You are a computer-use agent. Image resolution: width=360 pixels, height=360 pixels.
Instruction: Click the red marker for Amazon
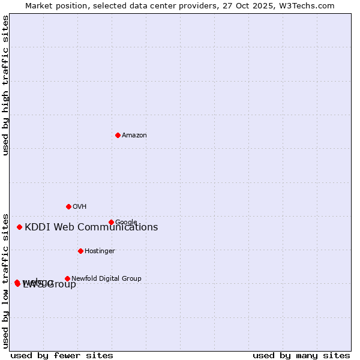coord(118,135)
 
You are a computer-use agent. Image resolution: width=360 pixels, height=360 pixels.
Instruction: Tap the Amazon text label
coord(134,136)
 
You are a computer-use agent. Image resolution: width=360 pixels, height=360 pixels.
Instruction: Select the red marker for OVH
coord(68,206)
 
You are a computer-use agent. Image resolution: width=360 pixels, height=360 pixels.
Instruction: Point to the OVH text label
coord(80,207)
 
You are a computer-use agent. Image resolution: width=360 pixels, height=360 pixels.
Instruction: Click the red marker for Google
coord(111,222)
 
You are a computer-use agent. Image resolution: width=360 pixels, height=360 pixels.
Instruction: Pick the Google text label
coord(126,223)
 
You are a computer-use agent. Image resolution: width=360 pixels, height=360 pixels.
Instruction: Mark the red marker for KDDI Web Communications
coord(19,227)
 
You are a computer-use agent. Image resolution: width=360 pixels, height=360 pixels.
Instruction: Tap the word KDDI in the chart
coord(37,227)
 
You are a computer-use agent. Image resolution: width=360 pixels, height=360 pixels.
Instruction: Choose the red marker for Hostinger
coord(80,251)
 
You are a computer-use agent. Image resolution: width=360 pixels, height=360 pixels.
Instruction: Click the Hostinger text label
coord(100,251)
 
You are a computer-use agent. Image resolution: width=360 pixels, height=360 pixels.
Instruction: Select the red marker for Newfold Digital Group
coord(67,278)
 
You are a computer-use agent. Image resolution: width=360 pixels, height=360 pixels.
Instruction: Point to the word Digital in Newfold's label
coord(107,278)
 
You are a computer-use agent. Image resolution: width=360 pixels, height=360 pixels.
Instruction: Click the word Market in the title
coord(40,6)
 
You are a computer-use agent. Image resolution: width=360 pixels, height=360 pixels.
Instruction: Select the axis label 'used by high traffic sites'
coord(6,85)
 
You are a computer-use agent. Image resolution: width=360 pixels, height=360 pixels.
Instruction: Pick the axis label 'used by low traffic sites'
coord(6,280)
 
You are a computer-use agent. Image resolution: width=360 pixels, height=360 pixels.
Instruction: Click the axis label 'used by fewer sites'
coord(62,356)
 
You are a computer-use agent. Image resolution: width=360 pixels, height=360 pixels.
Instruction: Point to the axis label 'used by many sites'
coord(301,356)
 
